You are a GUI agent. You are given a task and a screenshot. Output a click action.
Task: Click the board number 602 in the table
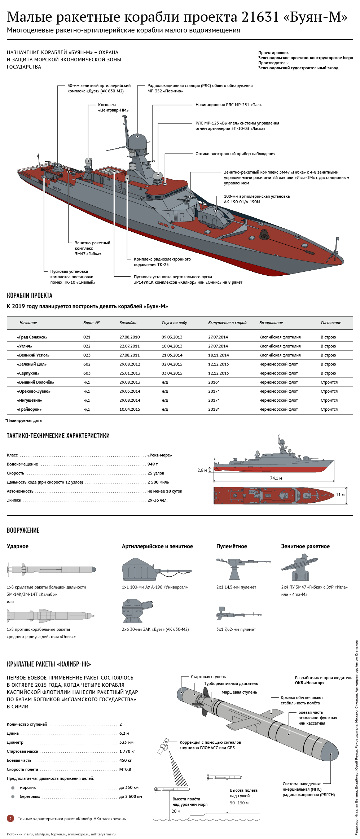click(87, 364)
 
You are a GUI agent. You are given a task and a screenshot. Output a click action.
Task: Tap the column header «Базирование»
click(271, 323)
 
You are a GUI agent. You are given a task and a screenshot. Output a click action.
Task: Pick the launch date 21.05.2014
click(172, 355)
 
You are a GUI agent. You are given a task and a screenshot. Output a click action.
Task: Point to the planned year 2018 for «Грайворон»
click(213, 409)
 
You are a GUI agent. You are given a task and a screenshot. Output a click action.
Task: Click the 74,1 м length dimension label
click(276, 478)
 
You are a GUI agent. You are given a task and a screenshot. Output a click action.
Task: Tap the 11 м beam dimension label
click(340, 495)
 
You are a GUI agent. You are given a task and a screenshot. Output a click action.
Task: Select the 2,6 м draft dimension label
click(202, 470)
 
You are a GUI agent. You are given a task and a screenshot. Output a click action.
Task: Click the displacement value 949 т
click(153, 464)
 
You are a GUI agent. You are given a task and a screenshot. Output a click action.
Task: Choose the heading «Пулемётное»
click(232, 546)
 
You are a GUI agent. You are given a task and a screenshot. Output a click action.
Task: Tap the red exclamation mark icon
click(10, 819)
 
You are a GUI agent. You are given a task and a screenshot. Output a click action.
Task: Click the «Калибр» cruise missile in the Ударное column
click(51, 570)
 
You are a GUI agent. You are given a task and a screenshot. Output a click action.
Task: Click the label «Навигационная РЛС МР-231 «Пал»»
click(229, 105)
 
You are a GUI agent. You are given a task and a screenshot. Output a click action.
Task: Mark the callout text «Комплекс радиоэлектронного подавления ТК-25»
click(162, 262)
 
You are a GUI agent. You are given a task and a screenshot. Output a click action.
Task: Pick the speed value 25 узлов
click(156, 473)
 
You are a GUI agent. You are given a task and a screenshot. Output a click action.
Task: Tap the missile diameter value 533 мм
click(126, 742)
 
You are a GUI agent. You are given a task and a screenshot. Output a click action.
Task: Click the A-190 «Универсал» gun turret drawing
click(157, 569)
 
